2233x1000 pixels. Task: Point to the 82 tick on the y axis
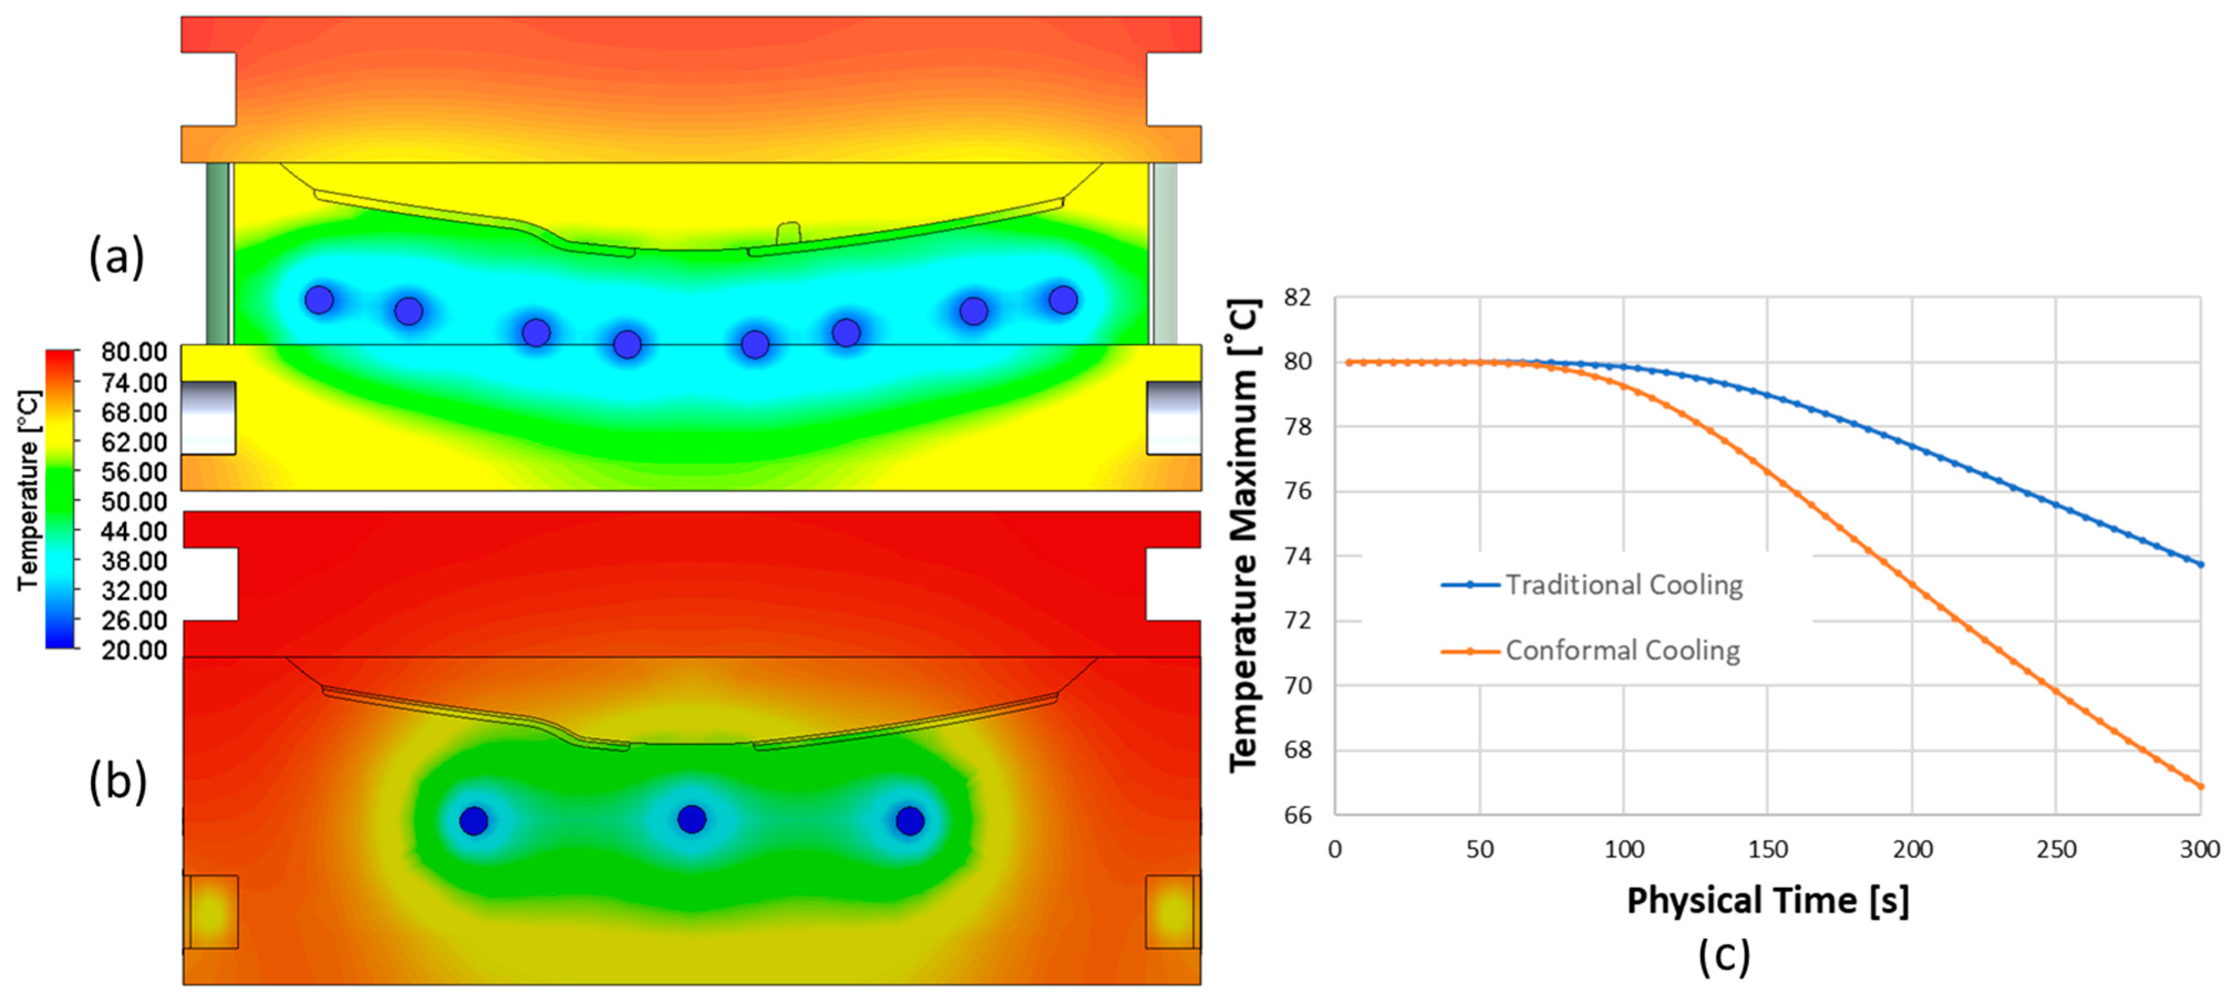1298,297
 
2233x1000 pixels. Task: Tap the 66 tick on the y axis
1298,815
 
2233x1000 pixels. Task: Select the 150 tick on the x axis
1768,849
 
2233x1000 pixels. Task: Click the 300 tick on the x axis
2199,849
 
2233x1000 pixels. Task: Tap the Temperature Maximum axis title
1245,535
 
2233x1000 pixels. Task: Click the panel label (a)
116,257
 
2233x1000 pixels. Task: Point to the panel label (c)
1724,956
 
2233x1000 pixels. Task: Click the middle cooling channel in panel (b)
691,819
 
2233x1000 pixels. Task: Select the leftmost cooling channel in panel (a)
319,300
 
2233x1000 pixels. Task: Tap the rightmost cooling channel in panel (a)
1063,300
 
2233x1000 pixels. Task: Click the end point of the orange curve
2200,786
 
